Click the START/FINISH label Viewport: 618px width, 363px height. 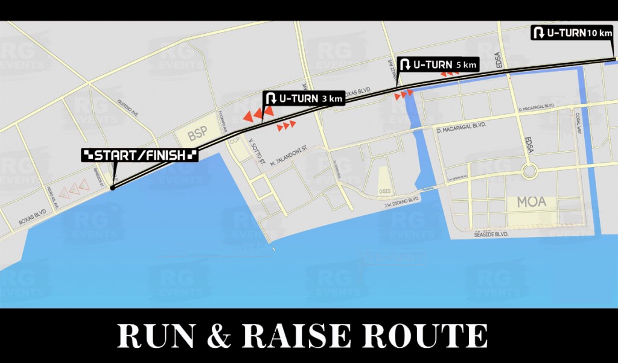click(x=140, y=156)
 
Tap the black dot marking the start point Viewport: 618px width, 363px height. click(x=113, y=188)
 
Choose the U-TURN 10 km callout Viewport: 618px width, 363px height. click(x=572, y=33)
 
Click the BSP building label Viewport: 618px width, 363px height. click(x=197, y=135)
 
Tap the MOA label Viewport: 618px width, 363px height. click(x=531, y=202)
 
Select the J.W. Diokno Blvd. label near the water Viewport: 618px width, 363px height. click(x=402, y=203)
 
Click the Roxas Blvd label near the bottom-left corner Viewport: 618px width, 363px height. click(x=33, y=218)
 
